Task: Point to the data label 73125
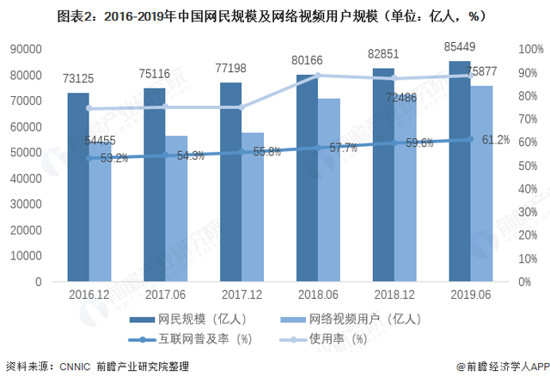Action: click(79, 79)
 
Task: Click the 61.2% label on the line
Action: click(496, 139)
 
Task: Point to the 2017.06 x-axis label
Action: click(166, 294)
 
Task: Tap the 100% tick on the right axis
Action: click(533, 50)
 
